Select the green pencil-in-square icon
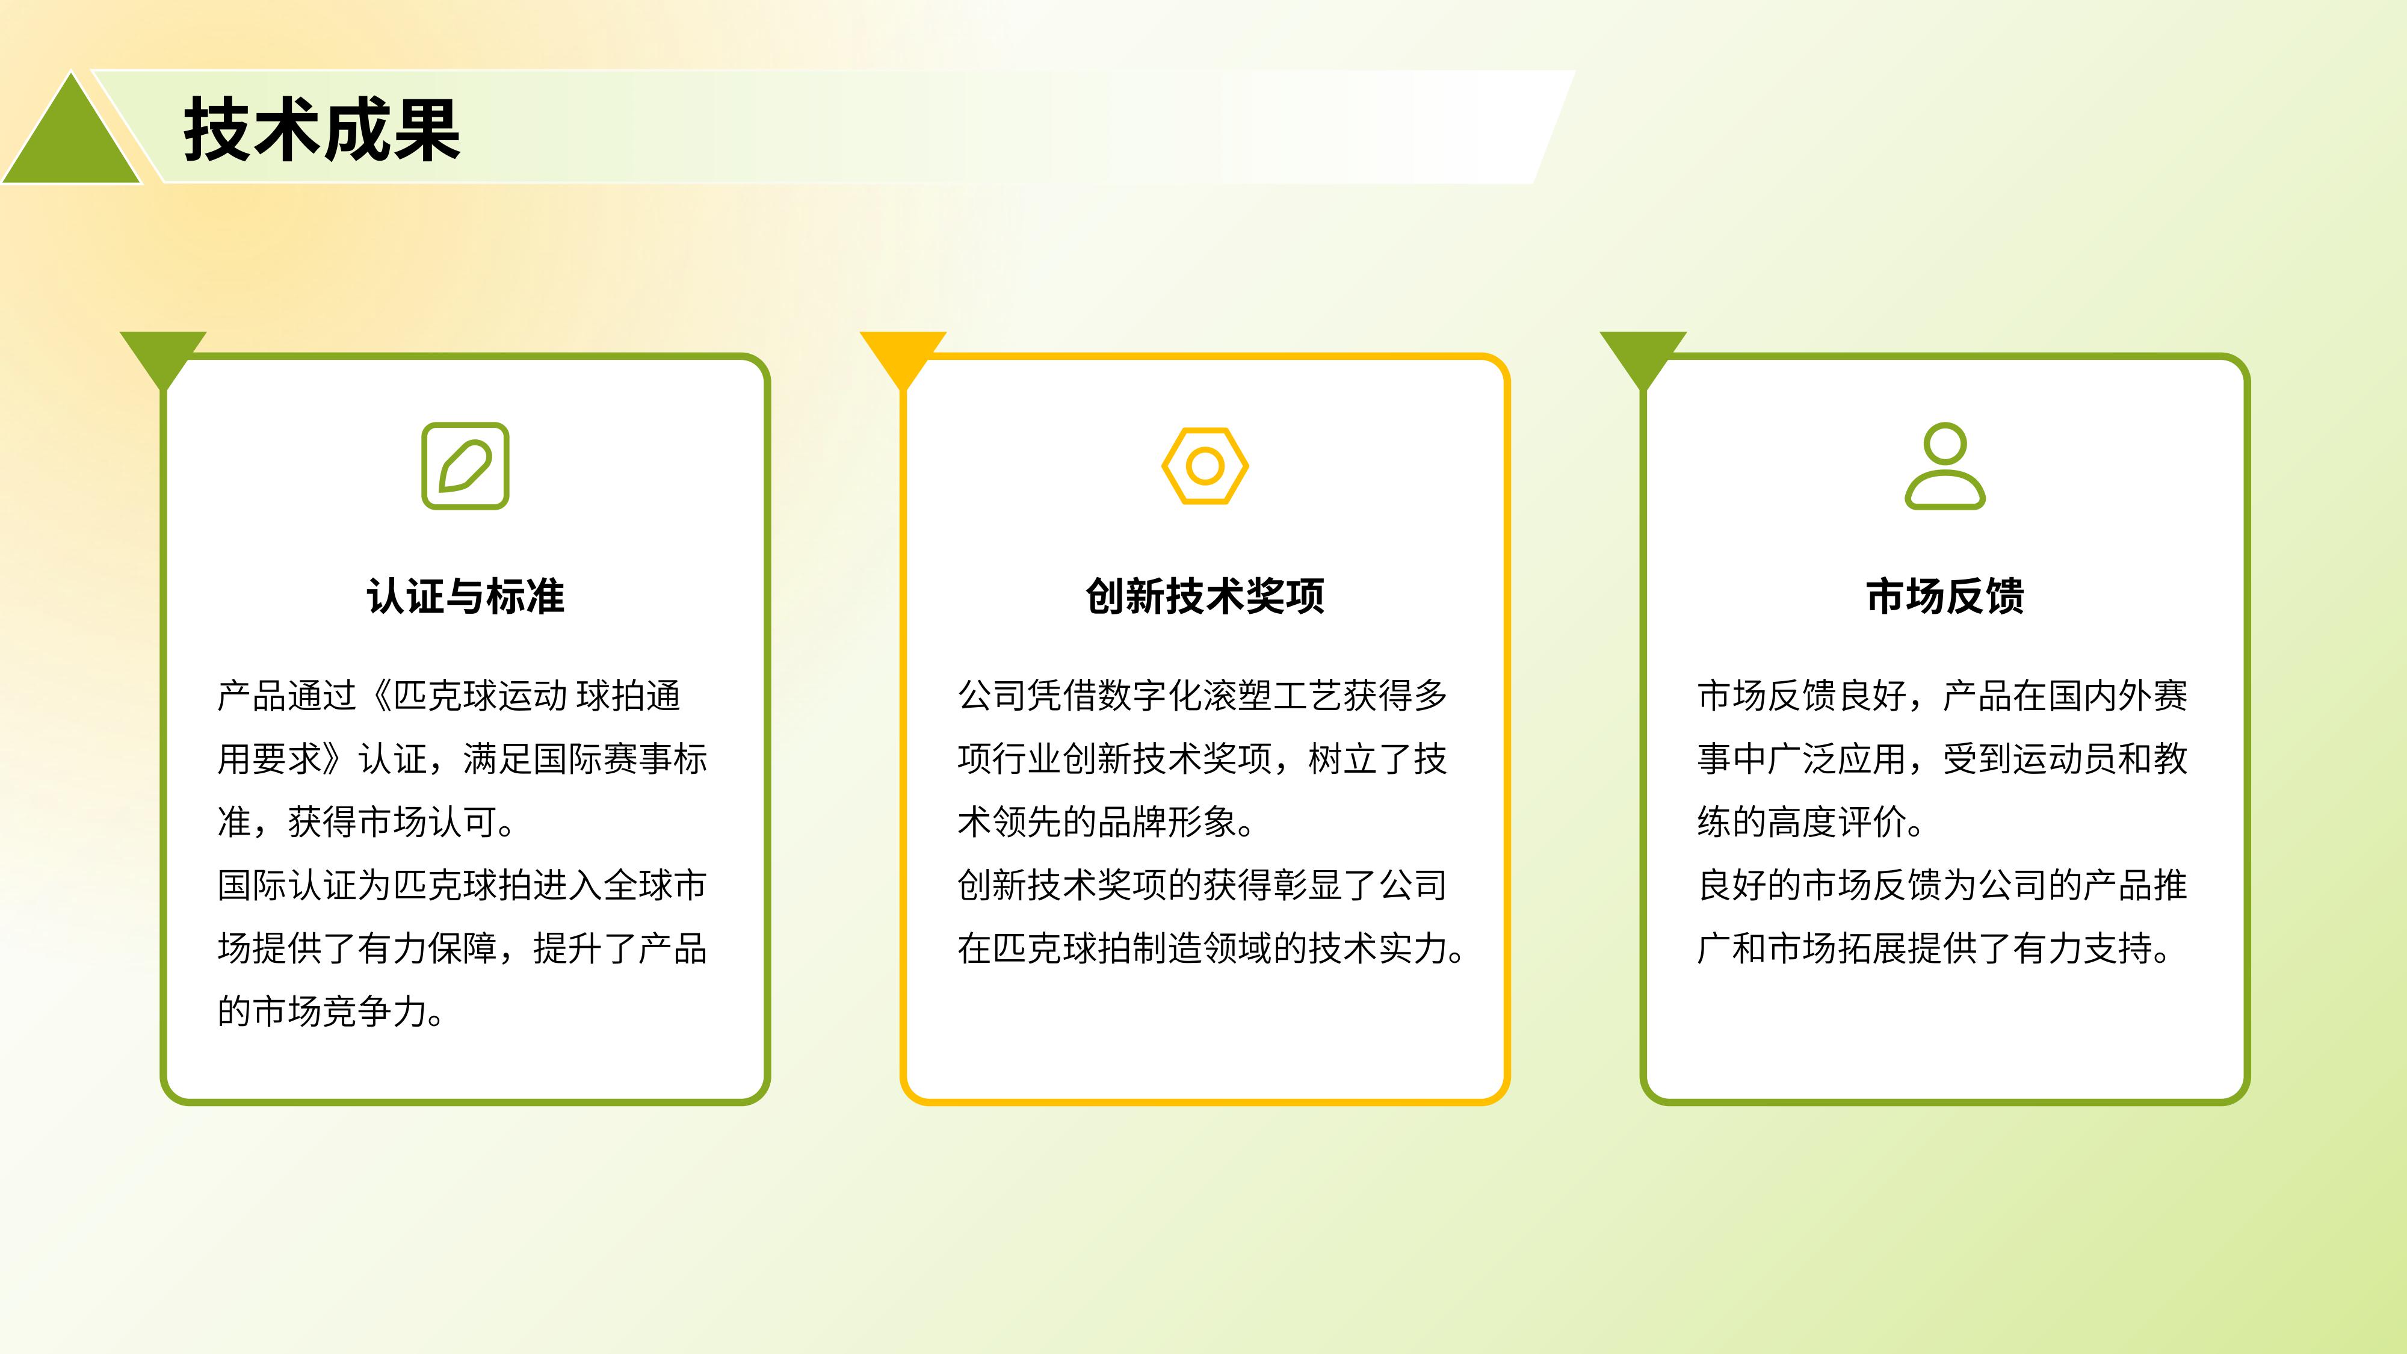465,466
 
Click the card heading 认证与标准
465,596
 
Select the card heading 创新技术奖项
1205,596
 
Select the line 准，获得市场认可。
367,822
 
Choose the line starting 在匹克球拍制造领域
1211,948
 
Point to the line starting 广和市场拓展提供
1934,948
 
